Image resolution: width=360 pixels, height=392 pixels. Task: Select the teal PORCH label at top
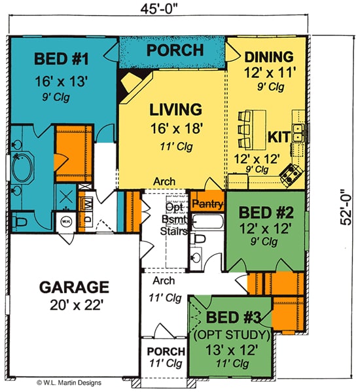click(x=172, y=50)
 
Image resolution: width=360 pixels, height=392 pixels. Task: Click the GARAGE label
click(x=73, y=287)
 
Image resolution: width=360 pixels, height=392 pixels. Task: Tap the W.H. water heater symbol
click(x=65, y=221)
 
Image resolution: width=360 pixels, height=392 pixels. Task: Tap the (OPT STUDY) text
click(x=233, y=334)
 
